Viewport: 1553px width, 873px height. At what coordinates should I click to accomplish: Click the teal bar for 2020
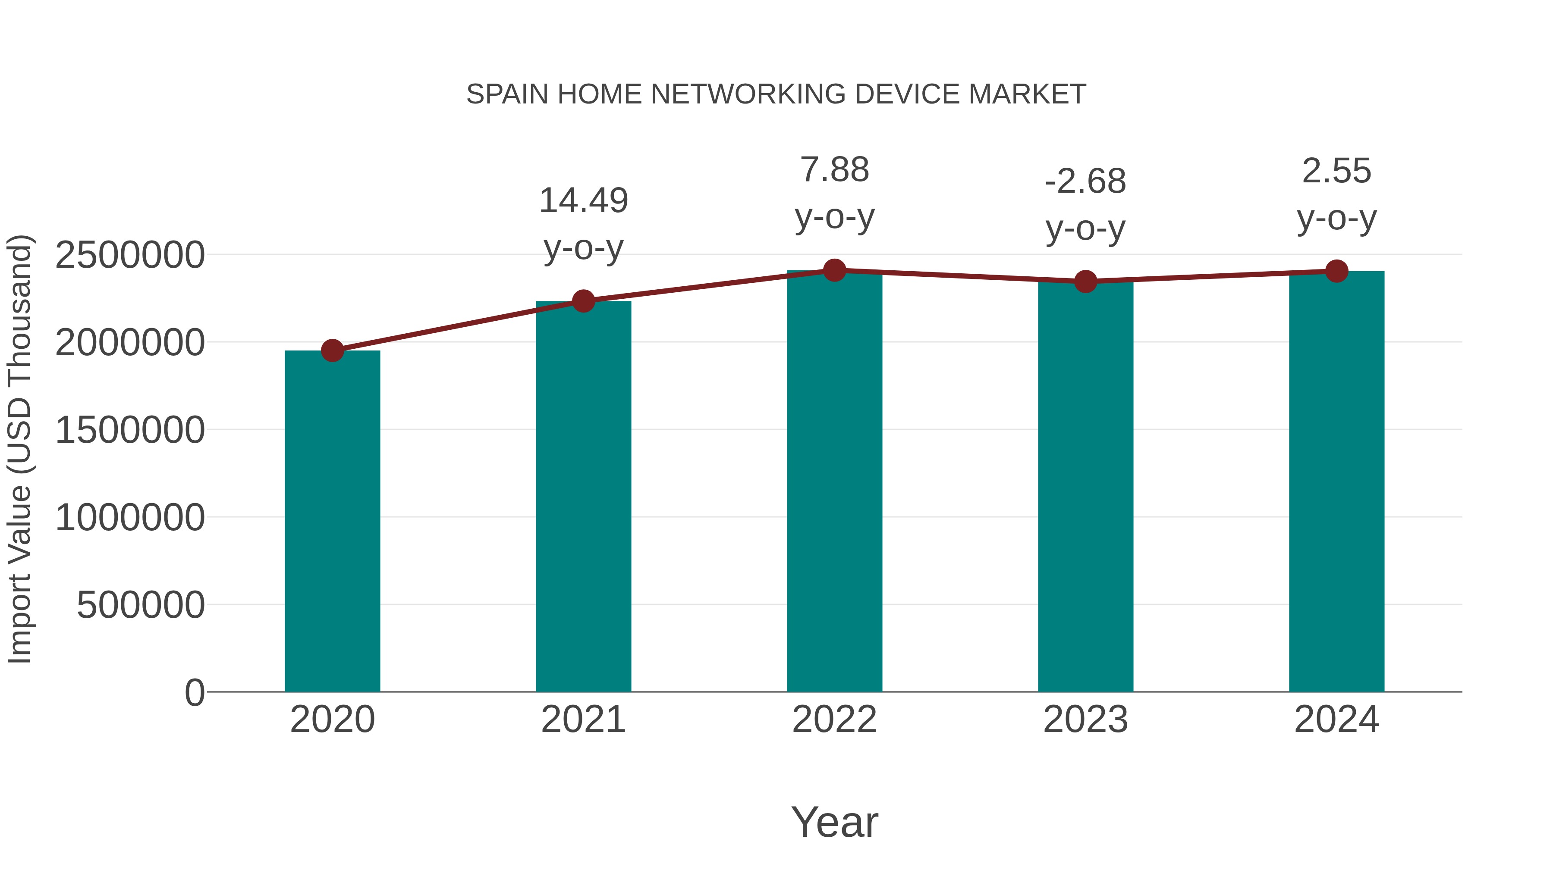(x=332, y=521)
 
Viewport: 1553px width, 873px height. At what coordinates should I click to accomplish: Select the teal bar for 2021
(x=583, y=497)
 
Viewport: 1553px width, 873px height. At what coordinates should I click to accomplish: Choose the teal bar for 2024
(x=1336, y=482)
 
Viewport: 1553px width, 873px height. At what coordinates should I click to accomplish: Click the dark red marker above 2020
(x=332, y=350)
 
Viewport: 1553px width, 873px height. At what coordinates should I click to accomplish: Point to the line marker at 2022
(x=834, y=270)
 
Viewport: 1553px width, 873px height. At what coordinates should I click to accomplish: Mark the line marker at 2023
(x=1085, y=282)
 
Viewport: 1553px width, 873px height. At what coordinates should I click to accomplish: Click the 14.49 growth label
(x=583, y=200)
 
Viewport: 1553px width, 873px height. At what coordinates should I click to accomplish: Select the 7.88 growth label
(x=834, y=170)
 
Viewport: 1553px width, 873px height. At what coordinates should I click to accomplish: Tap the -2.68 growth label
(x=1085, y=181)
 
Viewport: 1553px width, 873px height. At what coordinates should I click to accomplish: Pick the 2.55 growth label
(x=1336, y=171)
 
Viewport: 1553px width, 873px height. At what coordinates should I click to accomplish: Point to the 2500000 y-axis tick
(x=129, y=255)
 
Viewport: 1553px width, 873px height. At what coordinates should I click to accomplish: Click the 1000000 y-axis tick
(x=129, y=517)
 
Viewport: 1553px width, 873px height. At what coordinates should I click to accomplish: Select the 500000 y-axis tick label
(x=141, y=605)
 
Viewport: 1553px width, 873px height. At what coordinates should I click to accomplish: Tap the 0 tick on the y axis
(x=195, y=692)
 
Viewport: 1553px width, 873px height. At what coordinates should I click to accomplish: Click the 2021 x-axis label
(x=583, y=720)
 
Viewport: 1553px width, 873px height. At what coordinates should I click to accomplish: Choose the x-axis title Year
(x=834, y=822)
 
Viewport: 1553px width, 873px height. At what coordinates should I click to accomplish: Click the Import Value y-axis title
(x=19, y=449)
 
